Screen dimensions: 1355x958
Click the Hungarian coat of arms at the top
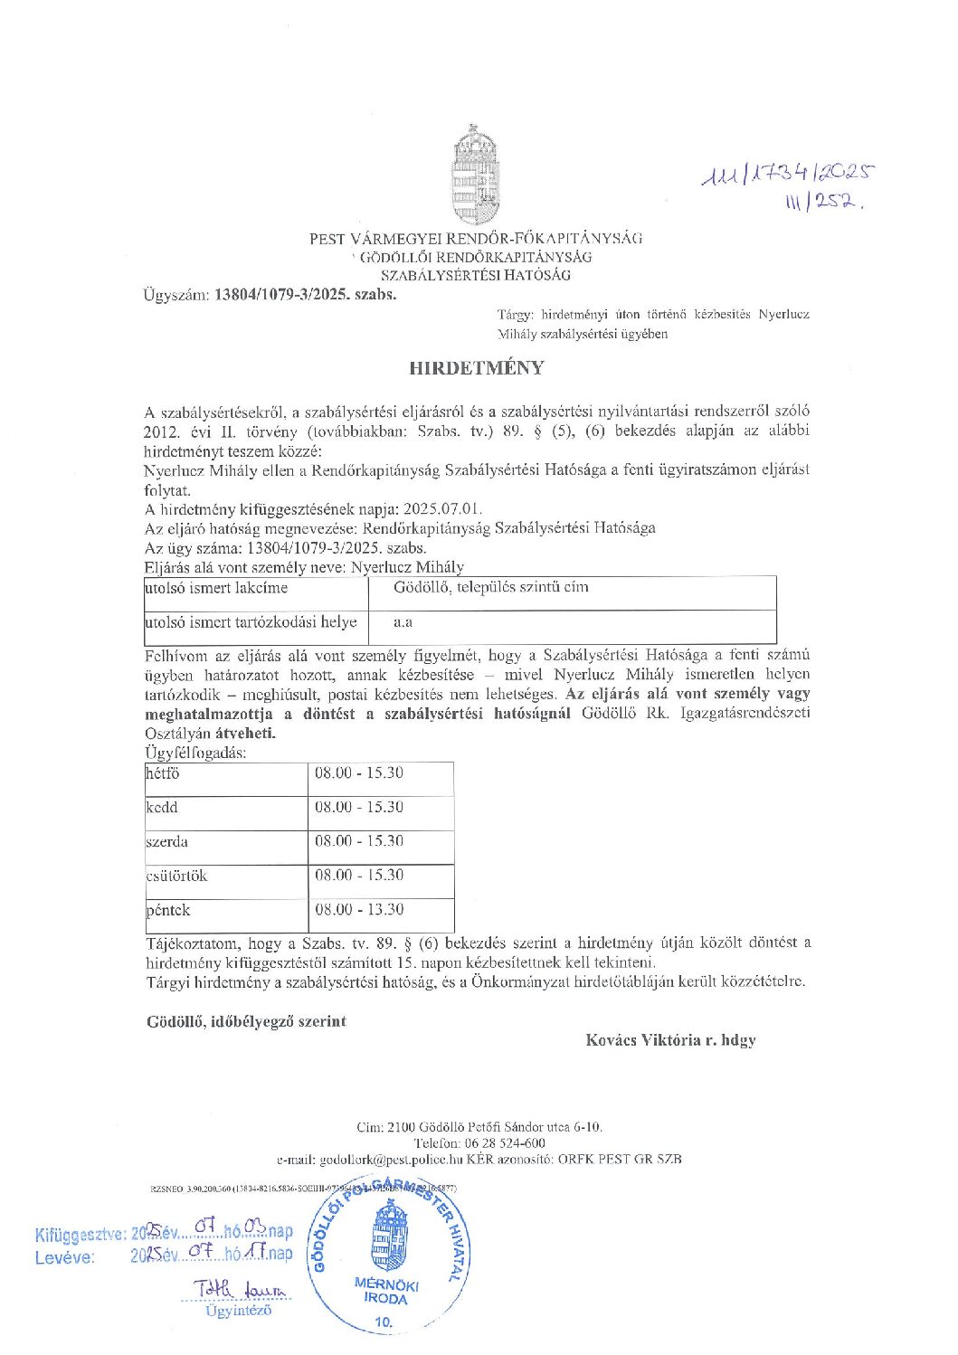(x=476, y=176)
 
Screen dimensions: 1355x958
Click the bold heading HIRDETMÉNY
(x=477, y=368)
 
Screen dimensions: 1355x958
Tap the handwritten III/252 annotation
(x=824, y=204)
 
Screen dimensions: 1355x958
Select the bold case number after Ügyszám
(x=306, y=294)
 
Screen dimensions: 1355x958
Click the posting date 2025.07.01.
(x=443, y=508)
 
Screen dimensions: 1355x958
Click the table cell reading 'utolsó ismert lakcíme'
(x=217, y=588)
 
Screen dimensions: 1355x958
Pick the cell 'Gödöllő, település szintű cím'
(x=491, y=587)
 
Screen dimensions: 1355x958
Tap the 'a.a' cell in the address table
(x=403, y=622)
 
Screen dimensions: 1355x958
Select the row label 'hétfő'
(x=164, y=773)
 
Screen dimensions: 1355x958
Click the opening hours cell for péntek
(x=359, y=909)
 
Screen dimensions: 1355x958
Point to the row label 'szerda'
(x=167, y=841)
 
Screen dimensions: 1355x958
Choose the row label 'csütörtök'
(x=177, y=876)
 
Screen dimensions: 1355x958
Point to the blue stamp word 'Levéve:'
(x=65, y=1257)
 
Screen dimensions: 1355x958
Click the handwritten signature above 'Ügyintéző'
(x=240, y=1289)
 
